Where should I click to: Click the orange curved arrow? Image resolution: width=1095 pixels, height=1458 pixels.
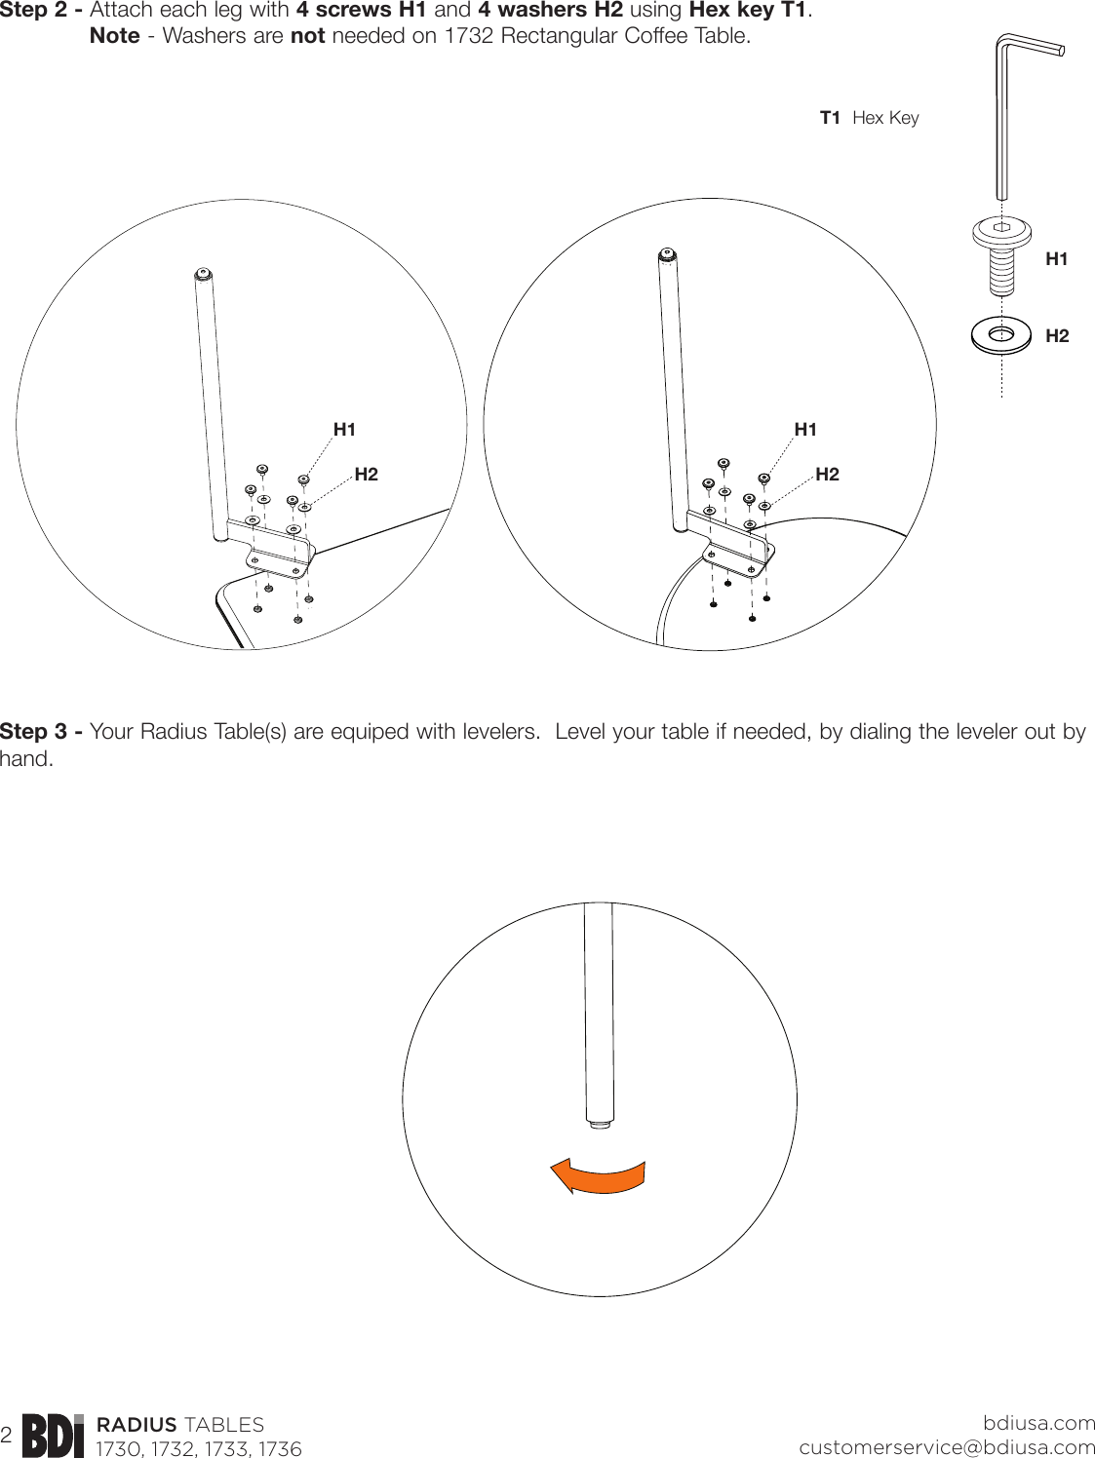pos(597,1176)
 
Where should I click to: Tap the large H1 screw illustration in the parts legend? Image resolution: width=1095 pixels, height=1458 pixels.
pos(1001,253)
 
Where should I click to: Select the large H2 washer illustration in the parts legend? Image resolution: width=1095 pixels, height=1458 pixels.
pos(1001,335)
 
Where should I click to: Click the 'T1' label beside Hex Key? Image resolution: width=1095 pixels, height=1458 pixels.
pos(830,118)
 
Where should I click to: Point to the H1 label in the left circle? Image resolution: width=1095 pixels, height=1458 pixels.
pos(344,430)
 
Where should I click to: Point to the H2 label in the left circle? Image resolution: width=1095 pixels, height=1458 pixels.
pos(366,475)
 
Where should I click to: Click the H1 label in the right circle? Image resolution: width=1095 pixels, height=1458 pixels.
pos(805,430)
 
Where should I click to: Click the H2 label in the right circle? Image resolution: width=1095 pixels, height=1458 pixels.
pos(827,475)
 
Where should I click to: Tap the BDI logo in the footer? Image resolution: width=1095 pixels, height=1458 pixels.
pos(53,1436)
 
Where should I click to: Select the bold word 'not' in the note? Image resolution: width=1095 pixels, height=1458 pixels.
pos(307,37)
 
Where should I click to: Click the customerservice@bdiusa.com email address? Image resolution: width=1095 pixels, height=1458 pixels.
pos(947,1447)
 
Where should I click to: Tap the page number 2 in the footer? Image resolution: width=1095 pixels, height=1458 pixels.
pos(7,1436)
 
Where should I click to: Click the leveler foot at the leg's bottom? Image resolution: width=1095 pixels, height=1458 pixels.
pos(600,1124)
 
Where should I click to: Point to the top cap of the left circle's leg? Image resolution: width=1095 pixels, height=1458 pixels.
pos(202,273)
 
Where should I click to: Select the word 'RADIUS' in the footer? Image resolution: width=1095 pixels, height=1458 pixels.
pos(137,1425)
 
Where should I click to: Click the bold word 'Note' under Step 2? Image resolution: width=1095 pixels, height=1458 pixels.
pos(114,37)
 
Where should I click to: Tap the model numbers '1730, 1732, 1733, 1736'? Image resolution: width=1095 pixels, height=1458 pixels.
pos(199,1449)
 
